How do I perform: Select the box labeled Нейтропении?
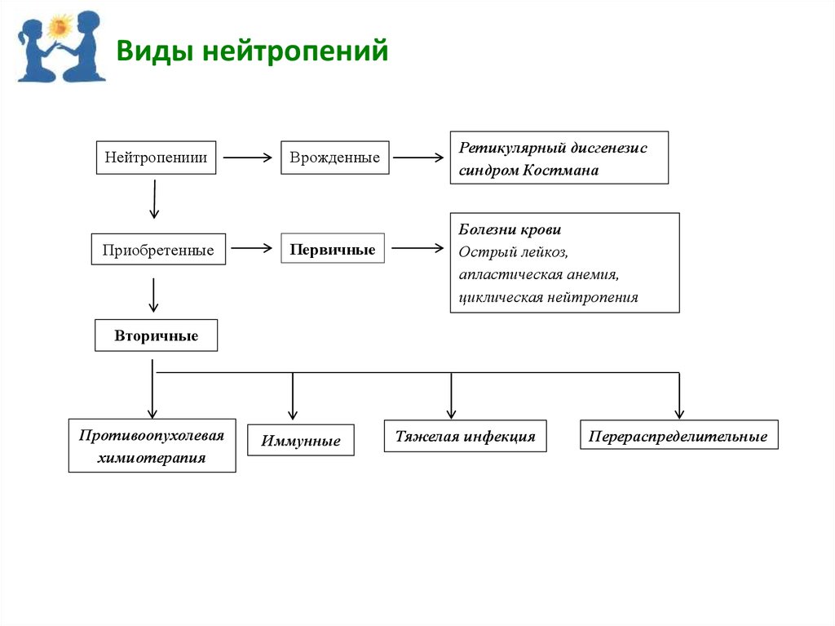157,158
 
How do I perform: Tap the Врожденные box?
335,158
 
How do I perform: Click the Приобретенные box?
158,250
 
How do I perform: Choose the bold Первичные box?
333,249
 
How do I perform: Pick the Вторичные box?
157,335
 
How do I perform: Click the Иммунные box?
301,441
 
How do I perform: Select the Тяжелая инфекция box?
465,436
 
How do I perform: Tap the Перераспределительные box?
678,436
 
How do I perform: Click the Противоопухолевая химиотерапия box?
152,446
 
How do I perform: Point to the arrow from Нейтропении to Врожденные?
247,158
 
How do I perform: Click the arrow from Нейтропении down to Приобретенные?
154,199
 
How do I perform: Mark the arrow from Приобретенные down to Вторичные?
153,295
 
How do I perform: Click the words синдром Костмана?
528,171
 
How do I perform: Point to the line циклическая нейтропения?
548,297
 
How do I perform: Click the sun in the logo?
60,28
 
